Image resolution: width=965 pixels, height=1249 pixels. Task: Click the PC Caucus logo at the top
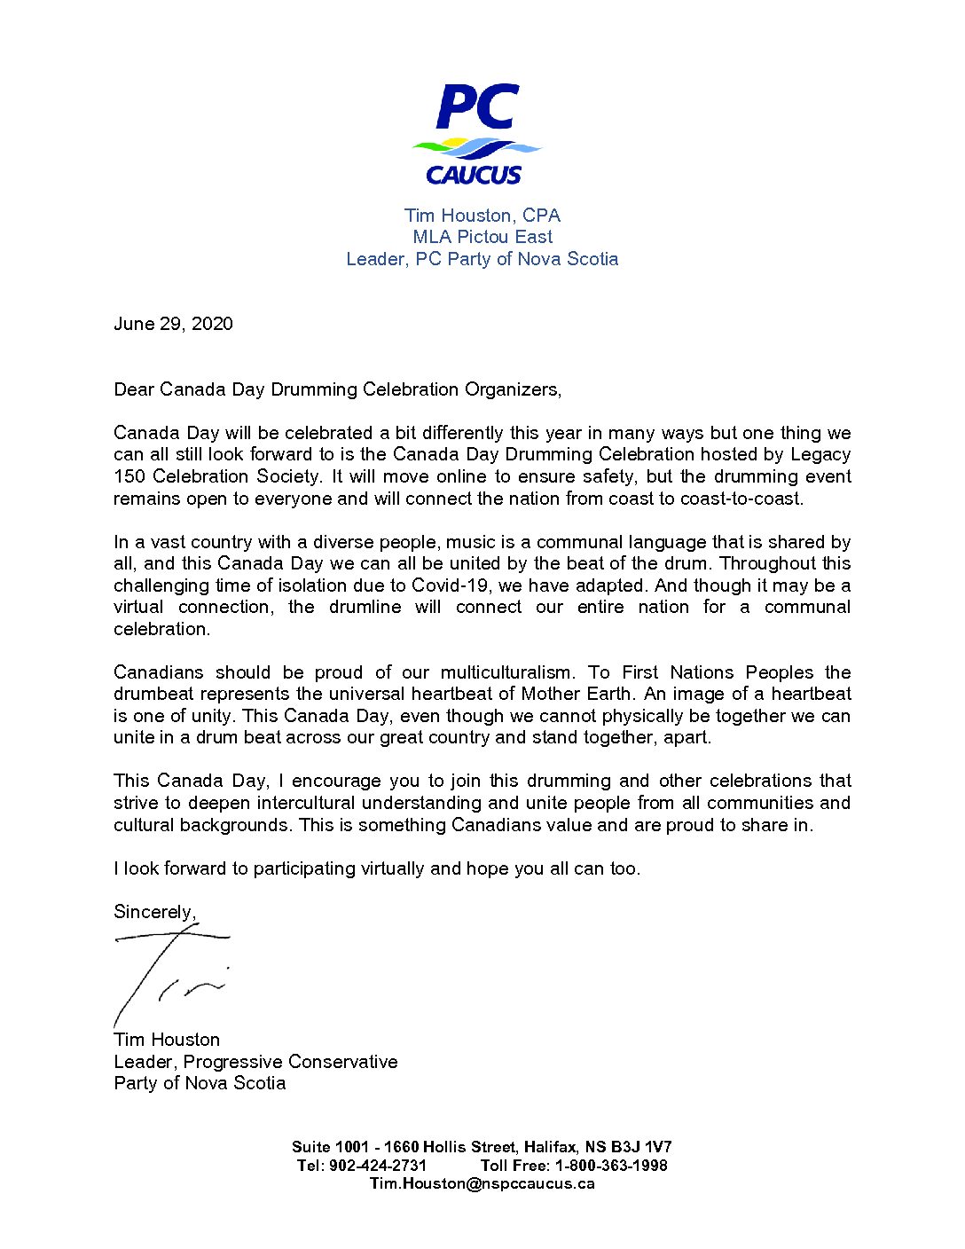476,135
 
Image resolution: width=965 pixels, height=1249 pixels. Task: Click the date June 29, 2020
173,324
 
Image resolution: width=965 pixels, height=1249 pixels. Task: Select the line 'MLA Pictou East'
482,237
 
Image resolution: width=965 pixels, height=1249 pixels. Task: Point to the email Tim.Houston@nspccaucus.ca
482,1183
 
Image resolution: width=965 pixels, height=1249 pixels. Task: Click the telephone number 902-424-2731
378,1166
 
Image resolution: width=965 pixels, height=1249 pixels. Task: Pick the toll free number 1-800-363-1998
611,1166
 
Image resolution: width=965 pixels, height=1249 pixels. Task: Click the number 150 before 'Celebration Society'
129,476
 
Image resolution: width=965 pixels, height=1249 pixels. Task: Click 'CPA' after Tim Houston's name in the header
541,216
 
